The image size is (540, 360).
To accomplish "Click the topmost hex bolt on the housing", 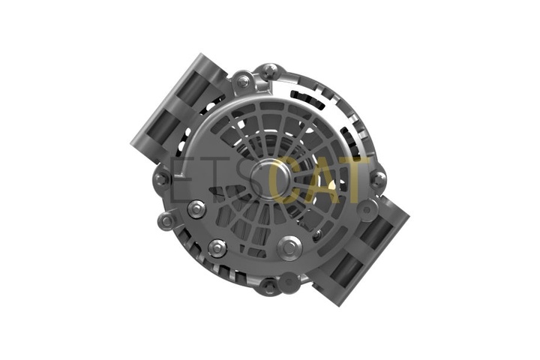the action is (x=270, y=71).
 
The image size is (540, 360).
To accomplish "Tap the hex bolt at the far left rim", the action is (x=160, y=179).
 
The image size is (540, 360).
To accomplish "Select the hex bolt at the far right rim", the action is (x=379, y=179).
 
